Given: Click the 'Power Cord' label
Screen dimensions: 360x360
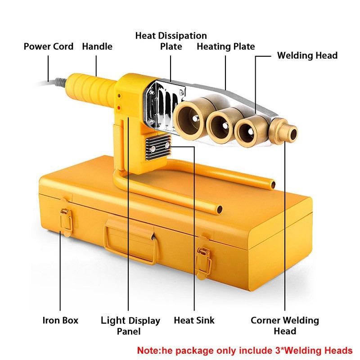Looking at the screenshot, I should [49, 46].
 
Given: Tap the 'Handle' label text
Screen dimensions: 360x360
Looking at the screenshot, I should [97, 46].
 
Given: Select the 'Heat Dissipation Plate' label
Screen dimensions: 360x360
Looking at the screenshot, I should [171, 41].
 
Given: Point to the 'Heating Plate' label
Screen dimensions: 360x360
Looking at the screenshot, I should [226, 46].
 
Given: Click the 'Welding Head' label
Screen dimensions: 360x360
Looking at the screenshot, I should [307, 56].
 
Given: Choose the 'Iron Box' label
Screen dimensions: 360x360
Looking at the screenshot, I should [60, 320].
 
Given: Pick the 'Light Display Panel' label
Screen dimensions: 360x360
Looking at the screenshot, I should [130, 326].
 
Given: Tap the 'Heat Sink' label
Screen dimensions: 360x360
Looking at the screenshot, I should [194, 320].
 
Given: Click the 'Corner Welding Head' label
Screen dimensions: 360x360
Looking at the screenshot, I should [284, 326].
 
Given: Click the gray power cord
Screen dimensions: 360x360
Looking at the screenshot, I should [56, 82].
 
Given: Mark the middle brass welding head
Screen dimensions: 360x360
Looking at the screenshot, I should [220, 123].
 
